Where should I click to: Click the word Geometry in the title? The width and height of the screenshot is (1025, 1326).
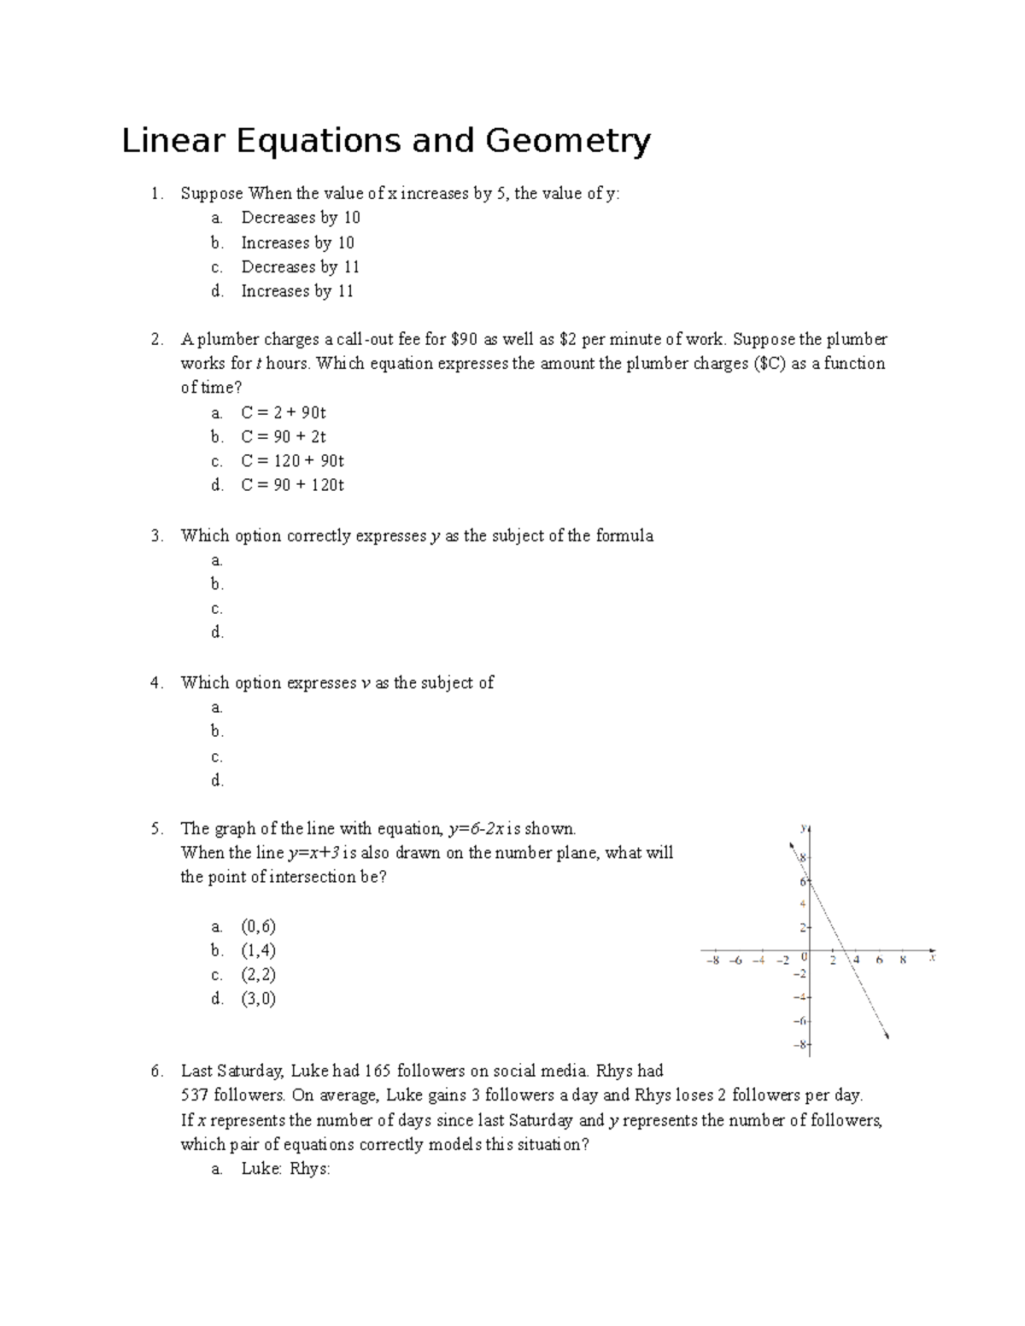coord(568,142)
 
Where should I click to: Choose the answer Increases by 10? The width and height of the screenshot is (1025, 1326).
coord(297,243)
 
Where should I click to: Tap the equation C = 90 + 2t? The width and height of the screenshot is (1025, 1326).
coord(284,437)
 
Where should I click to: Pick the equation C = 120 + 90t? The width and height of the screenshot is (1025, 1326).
coord(292,461)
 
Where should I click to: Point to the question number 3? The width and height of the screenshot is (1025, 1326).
coord(155,536)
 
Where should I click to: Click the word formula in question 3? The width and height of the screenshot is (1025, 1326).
coord(624,536)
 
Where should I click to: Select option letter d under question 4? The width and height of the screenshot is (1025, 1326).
coord(217,780)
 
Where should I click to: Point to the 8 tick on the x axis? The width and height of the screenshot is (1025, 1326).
coord(902,961)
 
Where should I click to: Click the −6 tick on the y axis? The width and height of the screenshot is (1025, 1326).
coord(799,1021)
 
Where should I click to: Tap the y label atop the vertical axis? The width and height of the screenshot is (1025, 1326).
coord(803,827)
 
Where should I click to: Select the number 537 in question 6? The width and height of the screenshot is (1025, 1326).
coord(195,1095)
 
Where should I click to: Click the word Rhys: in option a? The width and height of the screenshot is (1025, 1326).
coord(309,1169)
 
